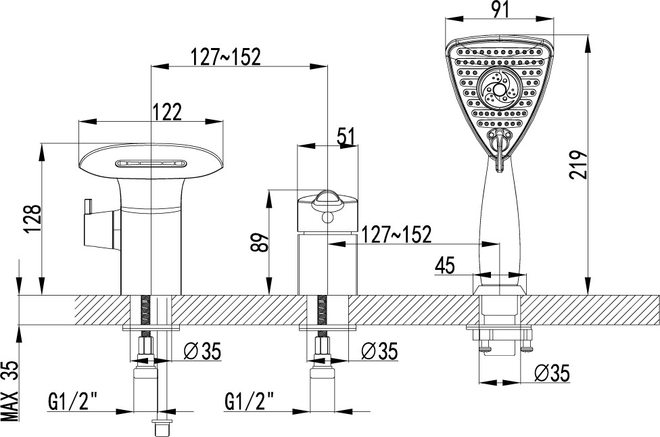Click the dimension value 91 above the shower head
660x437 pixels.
pyautogui.click(x=499, y=9)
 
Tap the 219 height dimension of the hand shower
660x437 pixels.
pyautogui.click(x=578, y=164)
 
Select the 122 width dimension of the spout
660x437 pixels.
pyautogui.click(x=167, y=112)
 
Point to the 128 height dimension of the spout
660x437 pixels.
pyautogui.click(x=33, y=219)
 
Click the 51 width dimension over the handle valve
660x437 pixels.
pyautogui.click(x=346, y=137)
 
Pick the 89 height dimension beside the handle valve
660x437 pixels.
pyautogui.click(x=260, y=242)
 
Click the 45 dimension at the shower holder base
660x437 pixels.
pyautogui.click(x=445, y=265)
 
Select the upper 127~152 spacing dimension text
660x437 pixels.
pyautogui.click(x=226, y=57)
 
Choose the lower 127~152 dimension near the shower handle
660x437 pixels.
pyautogui.click(x=396, y=234)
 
